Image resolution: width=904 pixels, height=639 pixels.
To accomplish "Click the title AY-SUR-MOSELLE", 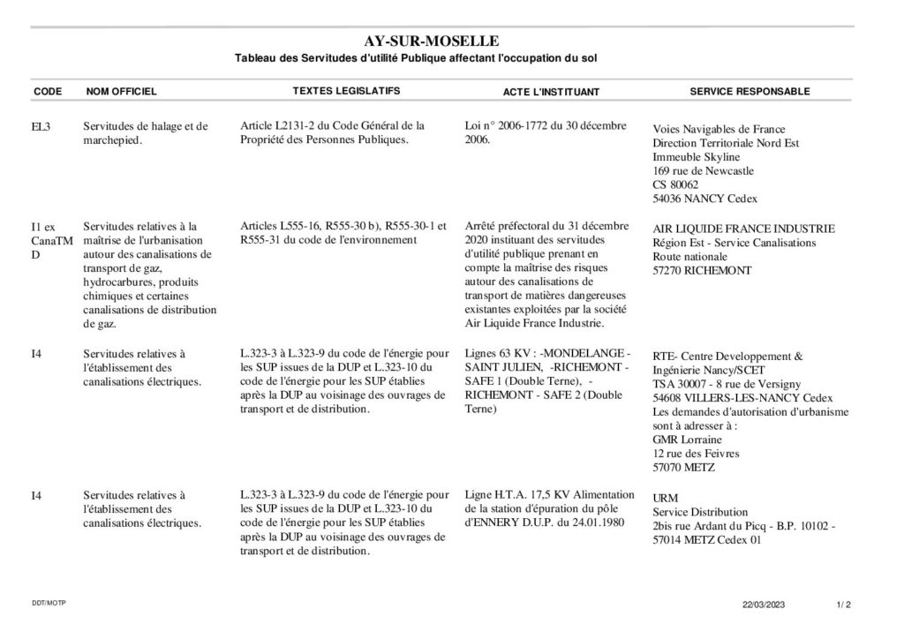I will coord(432,41).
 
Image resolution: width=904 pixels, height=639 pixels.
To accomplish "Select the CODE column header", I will coord(48,91).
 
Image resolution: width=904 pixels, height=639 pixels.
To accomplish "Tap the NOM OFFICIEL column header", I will coord(121,91).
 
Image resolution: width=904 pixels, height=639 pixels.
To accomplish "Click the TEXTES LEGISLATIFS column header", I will coord(346,91).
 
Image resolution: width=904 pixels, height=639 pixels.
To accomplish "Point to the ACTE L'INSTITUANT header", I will coord(551,92).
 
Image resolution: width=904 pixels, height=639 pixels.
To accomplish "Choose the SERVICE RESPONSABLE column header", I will coord(750,91).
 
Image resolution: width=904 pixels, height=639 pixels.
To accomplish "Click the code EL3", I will coord(41,126).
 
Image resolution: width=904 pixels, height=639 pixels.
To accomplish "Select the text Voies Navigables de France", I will coord(719,129).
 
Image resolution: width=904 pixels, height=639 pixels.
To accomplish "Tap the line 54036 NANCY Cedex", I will coord(704,199).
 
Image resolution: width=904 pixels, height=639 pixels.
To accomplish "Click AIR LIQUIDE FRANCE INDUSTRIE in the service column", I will coord(743,229).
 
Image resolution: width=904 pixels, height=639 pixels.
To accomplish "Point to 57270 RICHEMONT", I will coord(703,270).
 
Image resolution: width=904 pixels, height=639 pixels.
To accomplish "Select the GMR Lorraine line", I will coord(687,440).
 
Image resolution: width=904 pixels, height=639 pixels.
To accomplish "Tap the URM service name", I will coord(666,498).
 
